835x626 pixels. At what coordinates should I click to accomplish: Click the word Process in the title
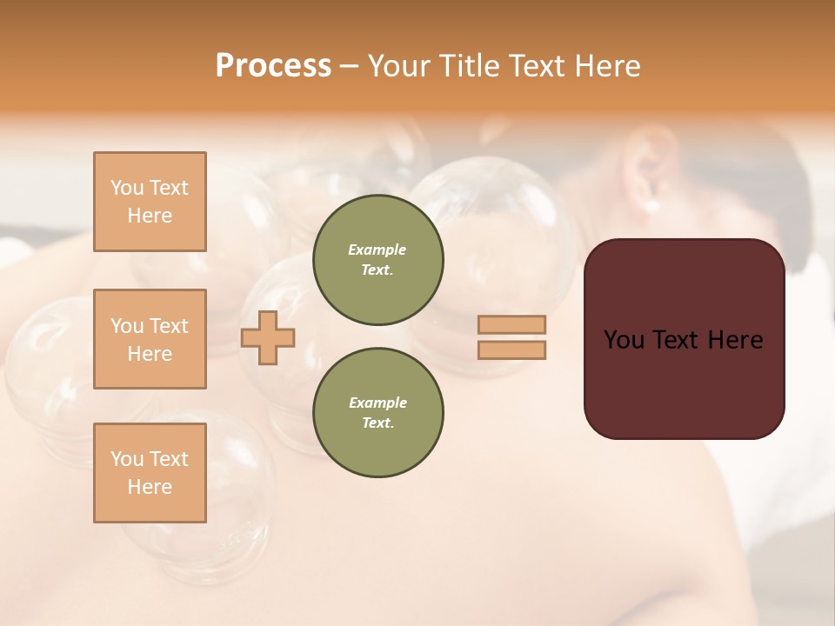(273, 66)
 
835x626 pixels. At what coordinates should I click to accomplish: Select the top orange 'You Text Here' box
(150, 202)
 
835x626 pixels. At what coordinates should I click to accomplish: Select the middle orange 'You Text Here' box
(150, 339)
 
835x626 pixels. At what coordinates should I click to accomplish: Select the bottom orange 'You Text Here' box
(150, 473)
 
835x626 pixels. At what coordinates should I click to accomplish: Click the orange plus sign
(268, 337)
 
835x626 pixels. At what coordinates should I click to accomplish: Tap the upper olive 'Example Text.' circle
(378, 260)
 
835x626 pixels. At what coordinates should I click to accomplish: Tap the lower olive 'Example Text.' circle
(378, 413)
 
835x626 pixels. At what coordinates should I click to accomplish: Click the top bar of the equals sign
(511, 324)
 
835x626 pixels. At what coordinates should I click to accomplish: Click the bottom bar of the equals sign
(511, 350)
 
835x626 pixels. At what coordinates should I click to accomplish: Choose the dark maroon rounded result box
(684, 339)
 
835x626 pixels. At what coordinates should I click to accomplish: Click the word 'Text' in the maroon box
(679, 340)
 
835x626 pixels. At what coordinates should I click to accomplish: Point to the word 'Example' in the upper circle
(377, 250)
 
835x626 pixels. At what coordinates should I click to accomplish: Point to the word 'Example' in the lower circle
(377, 403)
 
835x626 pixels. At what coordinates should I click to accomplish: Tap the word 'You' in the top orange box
(127, 188)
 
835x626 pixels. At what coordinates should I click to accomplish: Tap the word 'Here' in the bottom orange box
(150, 487)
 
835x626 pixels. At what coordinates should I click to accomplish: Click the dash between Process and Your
(350, 67)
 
